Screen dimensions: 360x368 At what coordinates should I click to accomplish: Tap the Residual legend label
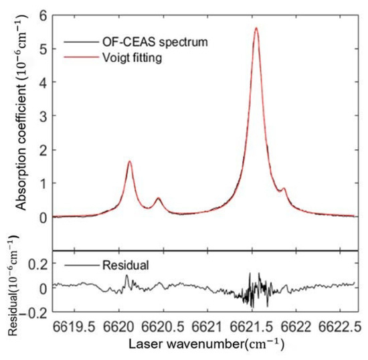[x=126, y=266]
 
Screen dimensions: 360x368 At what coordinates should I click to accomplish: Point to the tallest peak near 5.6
[x=256, y=28]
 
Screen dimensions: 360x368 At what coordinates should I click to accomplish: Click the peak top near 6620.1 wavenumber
[x=129, y=161]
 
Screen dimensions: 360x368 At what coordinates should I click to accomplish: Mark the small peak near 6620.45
[x=159, y=198]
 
